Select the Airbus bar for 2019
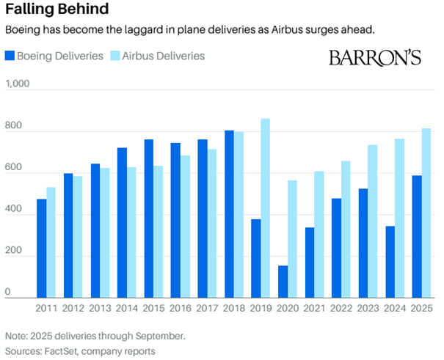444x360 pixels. [x=265, y=208]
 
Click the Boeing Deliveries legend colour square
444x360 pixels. [x=10, y=56]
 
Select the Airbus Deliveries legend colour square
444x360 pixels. [x=115, y=56]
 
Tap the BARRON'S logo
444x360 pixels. [x=375, y=58]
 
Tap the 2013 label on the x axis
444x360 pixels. [x=100, y=309]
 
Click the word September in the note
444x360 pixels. [x=159, y=336]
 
